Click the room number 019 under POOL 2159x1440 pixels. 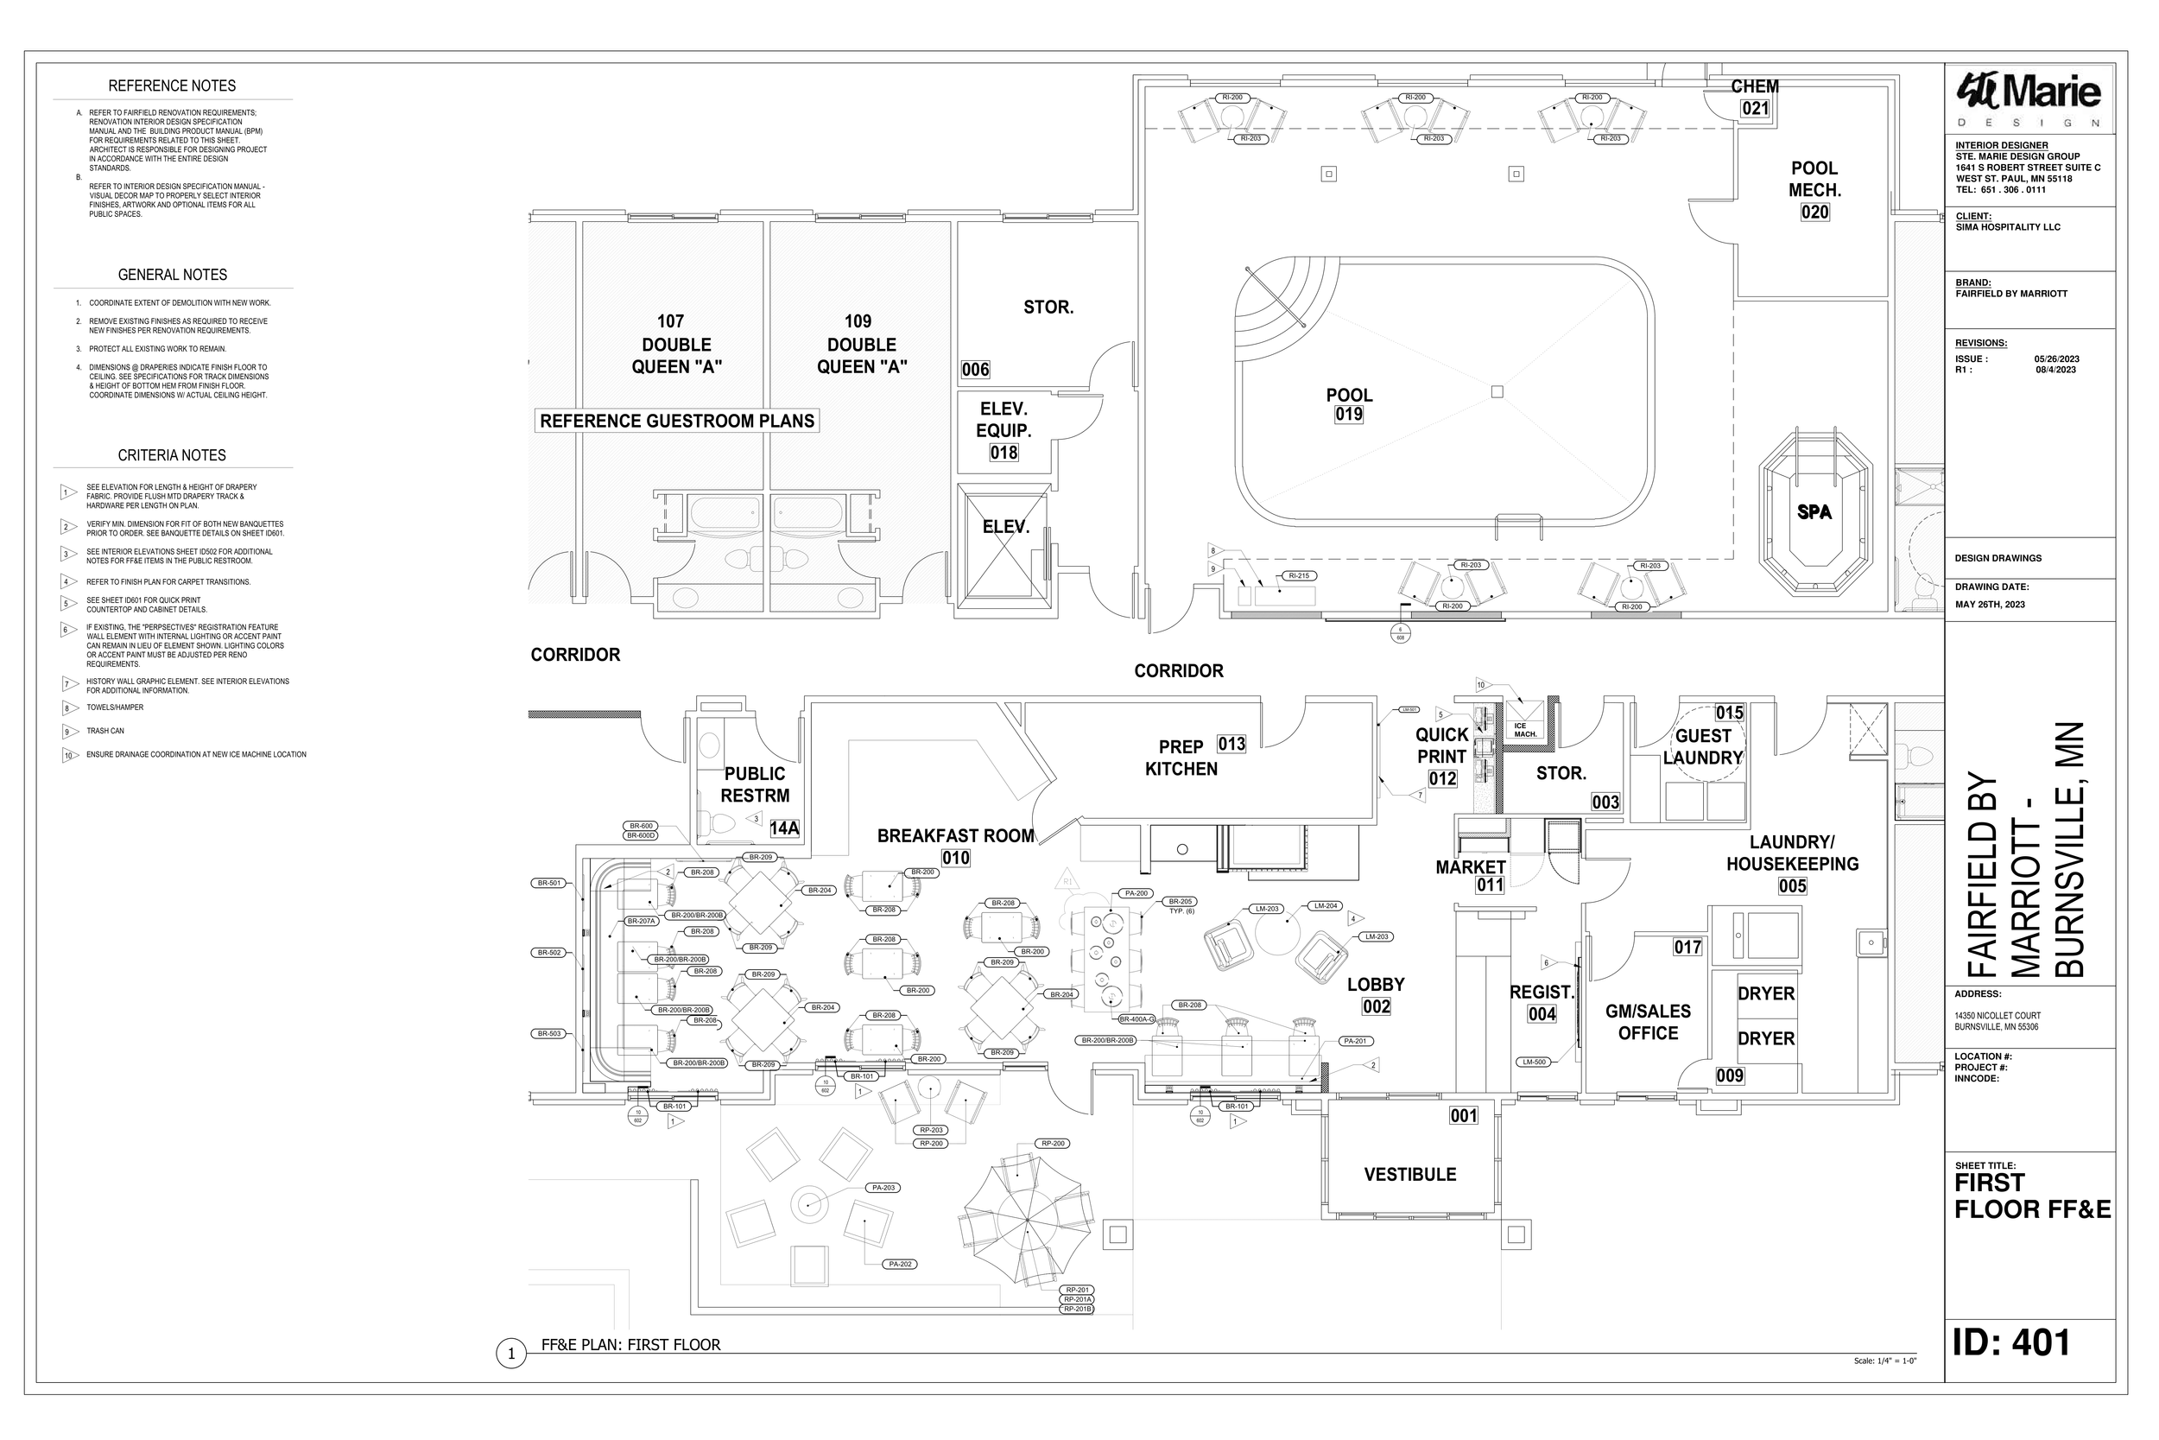[1348, 414]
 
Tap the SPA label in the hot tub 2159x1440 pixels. [1814, 512]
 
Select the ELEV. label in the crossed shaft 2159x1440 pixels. [1005, 527]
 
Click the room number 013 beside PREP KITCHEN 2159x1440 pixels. [1231, 744]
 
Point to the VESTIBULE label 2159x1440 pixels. [1409, 1175]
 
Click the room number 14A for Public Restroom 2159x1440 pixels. [784, 828]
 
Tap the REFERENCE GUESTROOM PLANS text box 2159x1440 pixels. [676, 422]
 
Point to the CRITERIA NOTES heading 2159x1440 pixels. [172, 455]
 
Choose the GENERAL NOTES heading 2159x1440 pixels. [172, 275]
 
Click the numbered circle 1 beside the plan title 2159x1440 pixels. [510, 1354]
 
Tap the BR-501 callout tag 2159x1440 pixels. [548, 884]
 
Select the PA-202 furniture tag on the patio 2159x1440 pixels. [901, 1265]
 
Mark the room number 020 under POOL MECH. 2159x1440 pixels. [1814, 213]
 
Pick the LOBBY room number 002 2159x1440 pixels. [1376, 1006]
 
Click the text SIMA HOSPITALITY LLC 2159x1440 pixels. [2008, 227]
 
